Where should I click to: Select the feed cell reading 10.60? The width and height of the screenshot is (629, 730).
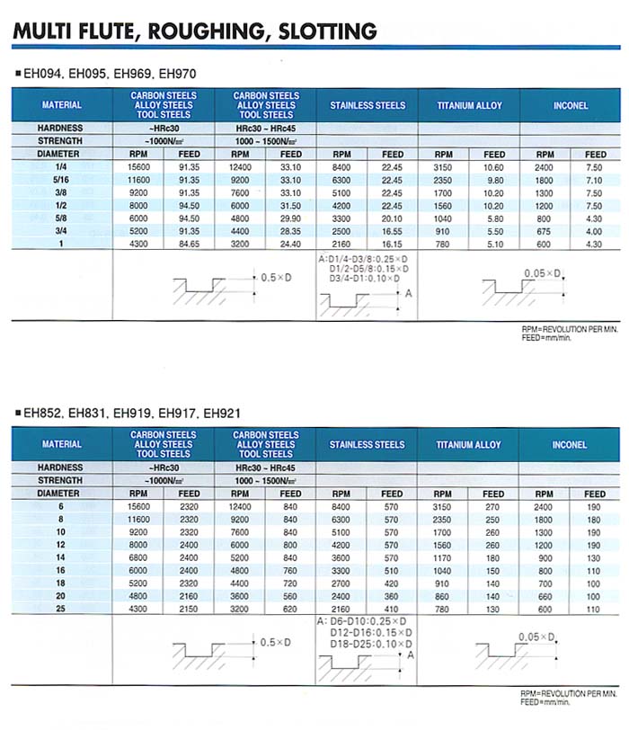pos(493,167)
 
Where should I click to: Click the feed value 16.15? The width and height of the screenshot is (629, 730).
pos(392,243)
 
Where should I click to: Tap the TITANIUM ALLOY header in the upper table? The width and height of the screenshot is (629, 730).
pos(469,105)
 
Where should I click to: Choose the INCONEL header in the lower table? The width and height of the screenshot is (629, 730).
pos(570,444)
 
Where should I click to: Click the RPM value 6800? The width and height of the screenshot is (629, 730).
pos(138,556)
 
